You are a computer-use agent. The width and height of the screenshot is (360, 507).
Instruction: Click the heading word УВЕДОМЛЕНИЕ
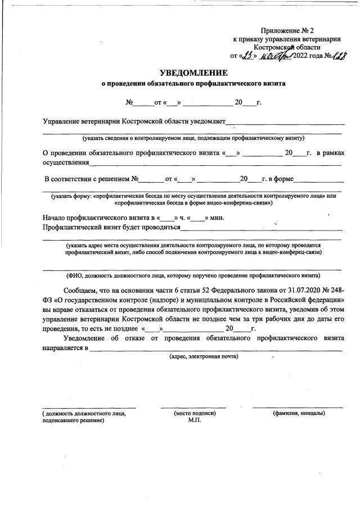(193, 73)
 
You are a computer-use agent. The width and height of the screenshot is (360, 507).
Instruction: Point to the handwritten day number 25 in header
(249, 56)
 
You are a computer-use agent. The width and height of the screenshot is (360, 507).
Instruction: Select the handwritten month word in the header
(275, 56)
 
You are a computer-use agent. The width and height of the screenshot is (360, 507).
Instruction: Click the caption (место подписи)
(195, 413)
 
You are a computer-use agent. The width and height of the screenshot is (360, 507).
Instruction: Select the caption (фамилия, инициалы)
(298, 413)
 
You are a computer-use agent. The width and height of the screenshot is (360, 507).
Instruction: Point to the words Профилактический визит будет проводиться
(111, 228)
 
